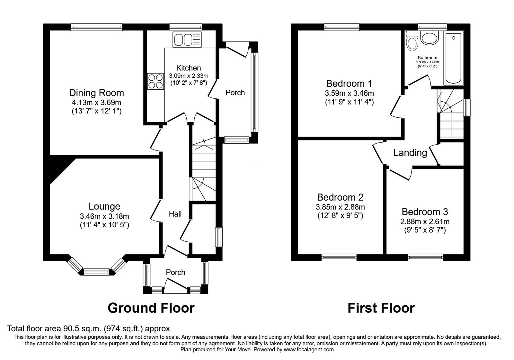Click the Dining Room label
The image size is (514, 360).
[x=96, y=93]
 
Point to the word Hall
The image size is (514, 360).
[x=175, y=214]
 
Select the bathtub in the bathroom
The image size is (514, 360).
[x=453, y=58]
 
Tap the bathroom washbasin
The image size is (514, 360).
[x=430, y=39]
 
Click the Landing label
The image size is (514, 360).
[x=410, y=153]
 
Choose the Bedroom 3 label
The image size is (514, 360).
[x=425, y=212]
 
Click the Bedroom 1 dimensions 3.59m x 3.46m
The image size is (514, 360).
[x=349, y=94]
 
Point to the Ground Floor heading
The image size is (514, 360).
[x=151, y=308]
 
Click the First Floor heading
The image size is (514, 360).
[x=381, y=308]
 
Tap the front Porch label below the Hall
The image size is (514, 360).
[x=175, y=272]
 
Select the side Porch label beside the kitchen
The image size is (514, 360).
[x=235, y=93]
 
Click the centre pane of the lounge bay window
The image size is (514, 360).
[x=96, y=272]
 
